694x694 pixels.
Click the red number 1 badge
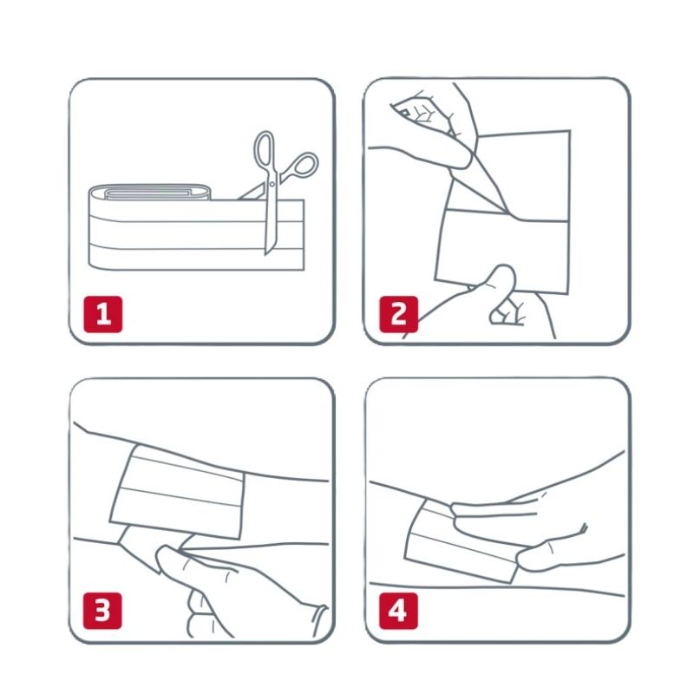coord(102,314)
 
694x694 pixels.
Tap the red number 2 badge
coord(398,314)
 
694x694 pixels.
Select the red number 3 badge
coord(102,611)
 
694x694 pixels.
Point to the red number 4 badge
coord(398,611)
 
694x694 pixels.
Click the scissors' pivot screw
coord(272,183)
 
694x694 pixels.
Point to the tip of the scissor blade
coord(266,254)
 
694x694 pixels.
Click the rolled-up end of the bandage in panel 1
coord(150,193)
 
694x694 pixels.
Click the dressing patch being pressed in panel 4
coord(461,542)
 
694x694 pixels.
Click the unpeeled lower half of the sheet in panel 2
coord(502,250)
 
